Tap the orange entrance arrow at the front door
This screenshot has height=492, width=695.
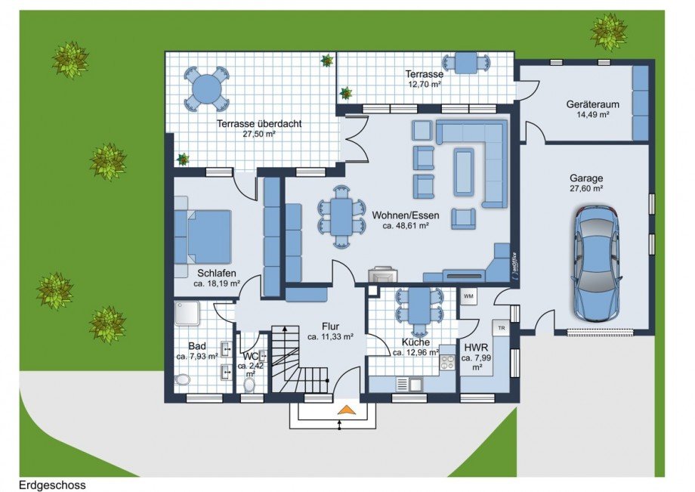pyautogui.click(x=346, y=410)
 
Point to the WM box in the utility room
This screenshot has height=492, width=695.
pyautogui.click(x=468, y=296)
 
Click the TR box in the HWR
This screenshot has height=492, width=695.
pyautogui.click(x=500, y=327)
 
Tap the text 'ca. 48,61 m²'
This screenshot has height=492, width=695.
pyautogui.click(x=405, y=225)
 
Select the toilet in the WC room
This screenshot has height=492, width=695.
pyautogui.click(x=249, y=383)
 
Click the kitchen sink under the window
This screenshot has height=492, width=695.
pyautogui.click(x=415, y=384)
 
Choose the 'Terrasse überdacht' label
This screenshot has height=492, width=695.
pyautogui.click(x=247, y=123)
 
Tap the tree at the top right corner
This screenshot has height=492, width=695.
pyautogui.click(x=608, y=31)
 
